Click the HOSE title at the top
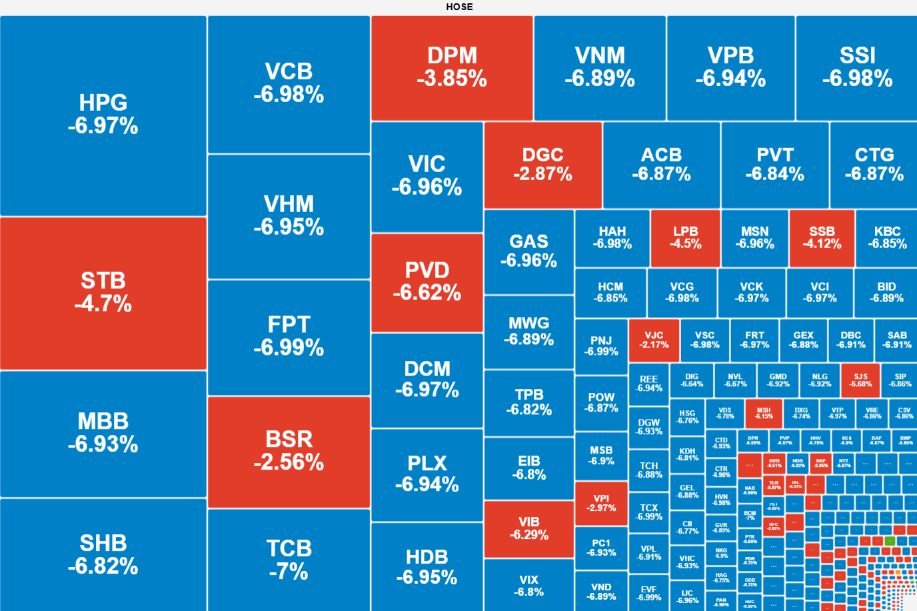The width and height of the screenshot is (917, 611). point(459,7)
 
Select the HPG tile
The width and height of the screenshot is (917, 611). point(103,115)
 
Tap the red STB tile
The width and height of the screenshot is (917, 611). point(103,293)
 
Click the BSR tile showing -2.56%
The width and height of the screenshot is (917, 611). point(289,451)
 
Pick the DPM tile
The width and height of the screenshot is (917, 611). point(452,67)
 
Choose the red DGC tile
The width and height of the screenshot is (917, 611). point(542,165)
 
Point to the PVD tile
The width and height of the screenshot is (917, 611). point(427,281)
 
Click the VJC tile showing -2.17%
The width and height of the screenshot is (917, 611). point(654,340)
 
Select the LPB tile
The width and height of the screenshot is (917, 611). point(685,237)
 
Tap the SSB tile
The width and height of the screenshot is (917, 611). point(822,237)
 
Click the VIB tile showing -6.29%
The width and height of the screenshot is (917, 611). point(528,528)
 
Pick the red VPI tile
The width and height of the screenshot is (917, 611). point(601,503)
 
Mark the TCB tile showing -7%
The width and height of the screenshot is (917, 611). point(289,559)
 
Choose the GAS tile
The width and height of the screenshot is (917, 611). point(528,251)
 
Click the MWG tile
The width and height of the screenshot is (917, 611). point(528,332)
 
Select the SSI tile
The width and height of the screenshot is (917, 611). point(856,67)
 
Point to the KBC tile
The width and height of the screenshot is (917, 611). point(887,237)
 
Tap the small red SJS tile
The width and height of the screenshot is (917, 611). point(860,380)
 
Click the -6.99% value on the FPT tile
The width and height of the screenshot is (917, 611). point(289,348)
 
